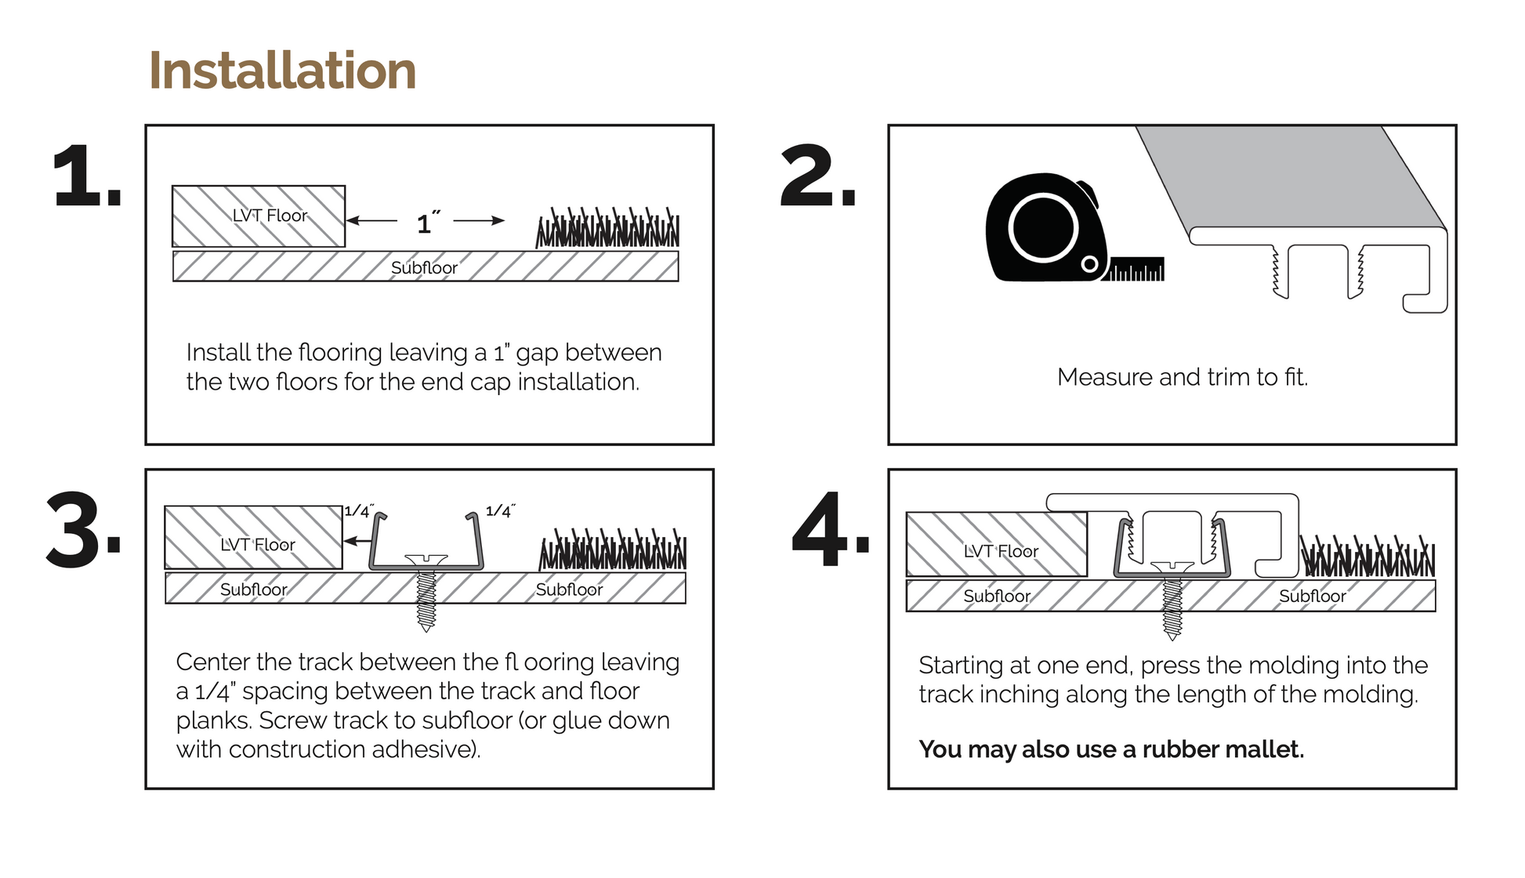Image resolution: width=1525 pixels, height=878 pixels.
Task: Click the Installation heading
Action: coord(282,71)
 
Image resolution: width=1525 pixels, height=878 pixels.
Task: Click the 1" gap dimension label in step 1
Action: coord(427,223)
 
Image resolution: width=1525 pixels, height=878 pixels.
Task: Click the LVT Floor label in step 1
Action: coord(270,216)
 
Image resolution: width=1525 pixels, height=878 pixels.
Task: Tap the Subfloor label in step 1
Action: coord(424,268)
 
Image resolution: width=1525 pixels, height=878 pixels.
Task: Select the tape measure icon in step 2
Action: coord(1046,229)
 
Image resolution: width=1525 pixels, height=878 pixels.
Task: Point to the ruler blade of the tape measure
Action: coord(1136,270)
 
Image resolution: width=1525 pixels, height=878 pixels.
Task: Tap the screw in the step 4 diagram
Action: coord(1172,600)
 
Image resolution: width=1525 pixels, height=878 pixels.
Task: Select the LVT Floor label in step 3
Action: coord(257,545)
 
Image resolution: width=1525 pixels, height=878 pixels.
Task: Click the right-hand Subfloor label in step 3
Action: coord(569,590)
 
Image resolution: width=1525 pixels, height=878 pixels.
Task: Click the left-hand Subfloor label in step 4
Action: coord(997,596)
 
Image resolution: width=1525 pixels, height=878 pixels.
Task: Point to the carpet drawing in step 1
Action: coord(607,229)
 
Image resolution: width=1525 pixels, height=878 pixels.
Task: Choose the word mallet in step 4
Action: coord(1262,749)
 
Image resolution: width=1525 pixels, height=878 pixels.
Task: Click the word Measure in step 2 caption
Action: coord(1105,377)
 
